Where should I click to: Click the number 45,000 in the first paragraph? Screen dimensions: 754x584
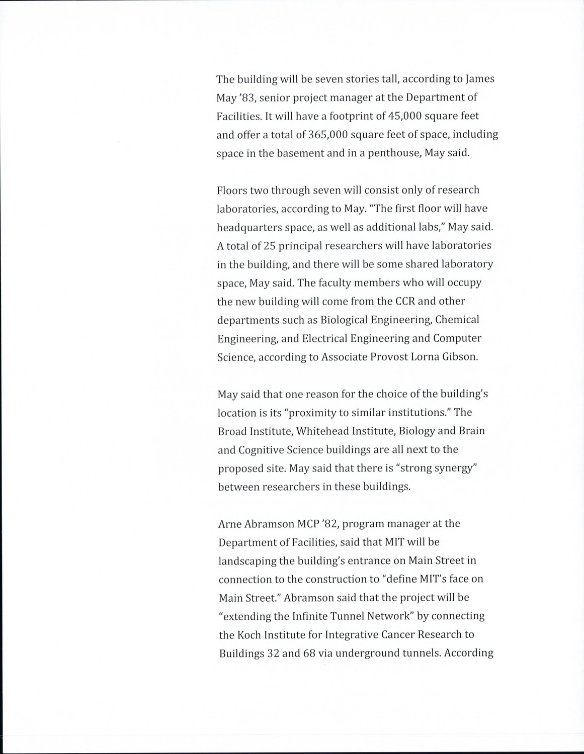pyautogui.click(x=407, y=116)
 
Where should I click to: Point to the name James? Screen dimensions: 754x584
pyautogui.click(x=480, y=78)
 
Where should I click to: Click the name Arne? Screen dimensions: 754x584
pyautogui.click(x=230, y=523)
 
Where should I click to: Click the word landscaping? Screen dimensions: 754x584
pyautogui.click(x=246, y=560)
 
